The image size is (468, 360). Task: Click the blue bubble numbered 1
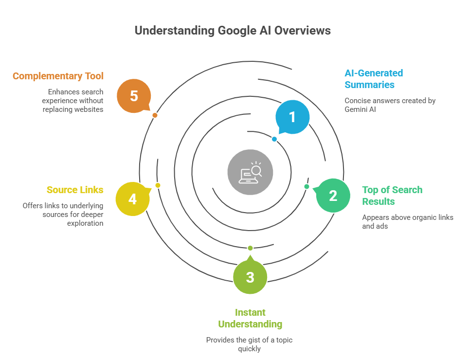point(292,117)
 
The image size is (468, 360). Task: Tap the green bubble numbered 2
point(333,196)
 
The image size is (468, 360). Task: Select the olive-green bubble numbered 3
point(250,277)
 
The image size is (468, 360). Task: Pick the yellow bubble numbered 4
point(132,199)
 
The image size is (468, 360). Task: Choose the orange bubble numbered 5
point(134,96)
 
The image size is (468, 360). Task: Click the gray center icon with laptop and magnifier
point(250,172)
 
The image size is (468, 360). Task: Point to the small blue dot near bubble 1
point(274,139)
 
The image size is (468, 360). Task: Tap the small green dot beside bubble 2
point(306,186)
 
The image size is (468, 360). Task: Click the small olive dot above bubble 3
point(250,248)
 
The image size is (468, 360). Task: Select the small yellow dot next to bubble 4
point(158,185)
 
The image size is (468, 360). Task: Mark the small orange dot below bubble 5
point(155,115)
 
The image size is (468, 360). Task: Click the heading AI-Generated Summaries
point(373,79)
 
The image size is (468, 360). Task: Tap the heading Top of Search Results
point(392,196)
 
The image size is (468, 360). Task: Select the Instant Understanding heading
point(250,318)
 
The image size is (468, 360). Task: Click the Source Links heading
point(75,190)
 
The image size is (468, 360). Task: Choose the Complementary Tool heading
point(58,76)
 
